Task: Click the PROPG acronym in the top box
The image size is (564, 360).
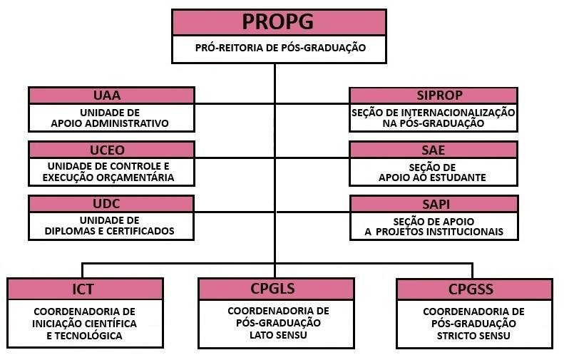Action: (x=278, y=21)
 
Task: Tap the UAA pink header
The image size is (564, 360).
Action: (x=111, y=96)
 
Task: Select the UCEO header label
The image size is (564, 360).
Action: (x=111, y=150)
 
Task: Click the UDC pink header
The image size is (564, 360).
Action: (x=111, y=204)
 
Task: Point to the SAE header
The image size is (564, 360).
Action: (x=434, y=150)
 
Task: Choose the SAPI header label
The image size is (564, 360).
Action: (x=434, y=204)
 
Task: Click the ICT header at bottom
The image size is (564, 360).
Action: (x=83, y=289)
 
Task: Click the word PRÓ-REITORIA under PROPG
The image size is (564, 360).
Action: (x=228, y=48)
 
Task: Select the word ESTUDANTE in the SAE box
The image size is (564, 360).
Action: (x=458, y=178)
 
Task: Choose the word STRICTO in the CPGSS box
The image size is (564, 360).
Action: (x=459, y=335)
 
